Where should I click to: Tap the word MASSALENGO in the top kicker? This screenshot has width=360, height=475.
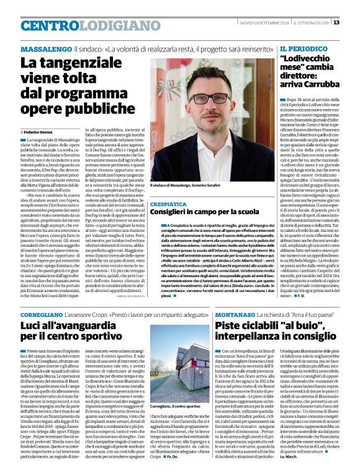45,48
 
